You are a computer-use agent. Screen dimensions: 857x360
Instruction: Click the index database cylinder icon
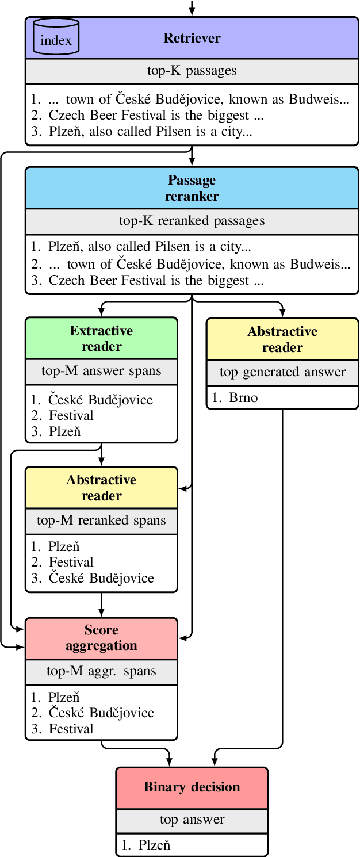point(56,37)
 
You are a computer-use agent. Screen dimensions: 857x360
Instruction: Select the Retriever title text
point(192,39)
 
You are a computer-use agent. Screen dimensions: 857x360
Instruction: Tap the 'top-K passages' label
point(192,71)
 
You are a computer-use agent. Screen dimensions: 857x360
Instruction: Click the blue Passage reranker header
point(192,188)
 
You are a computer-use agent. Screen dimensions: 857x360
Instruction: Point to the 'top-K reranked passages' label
point(192,221)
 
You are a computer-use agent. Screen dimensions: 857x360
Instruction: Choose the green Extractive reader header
point(101,339)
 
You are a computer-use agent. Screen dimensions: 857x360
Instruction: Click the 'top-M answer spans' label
point(101,371)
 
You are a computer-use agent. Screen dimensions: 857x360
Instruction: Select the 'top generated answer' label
point(282,372)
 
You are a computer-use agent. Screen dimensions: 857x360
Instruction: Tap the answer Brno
point(242,398)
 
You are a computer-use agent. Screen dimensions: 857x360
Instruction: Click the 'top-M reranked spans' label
point(101,521)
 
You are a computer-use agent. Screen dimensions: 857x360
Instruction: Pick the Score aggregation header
point(101,638)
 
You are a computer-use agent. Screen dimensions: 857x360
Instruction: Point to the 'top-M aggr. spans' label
point(101,671)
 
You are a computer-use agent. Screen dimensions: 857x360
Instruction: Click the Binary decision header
point(192,787)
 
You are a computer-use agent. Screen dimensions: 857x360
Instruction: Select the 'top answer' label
point(192,820)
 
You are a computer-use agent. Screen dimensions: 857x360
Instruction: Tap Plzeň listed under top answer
point(154,845)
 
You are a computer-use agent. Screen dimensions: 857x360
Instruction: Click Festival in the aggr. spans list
point(71,729)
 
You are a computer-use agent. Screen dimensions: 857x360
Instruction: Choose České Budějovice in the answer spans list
point(101,400)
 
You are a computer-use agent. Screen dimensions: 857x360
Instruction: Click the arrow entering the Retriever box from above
point(192,8)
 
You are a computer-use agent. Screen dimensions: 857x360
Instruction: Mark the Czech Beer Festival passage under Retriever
point(156,116)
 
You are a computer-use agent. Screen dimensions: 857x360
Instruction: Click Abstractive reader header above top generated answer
point(282,339)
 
